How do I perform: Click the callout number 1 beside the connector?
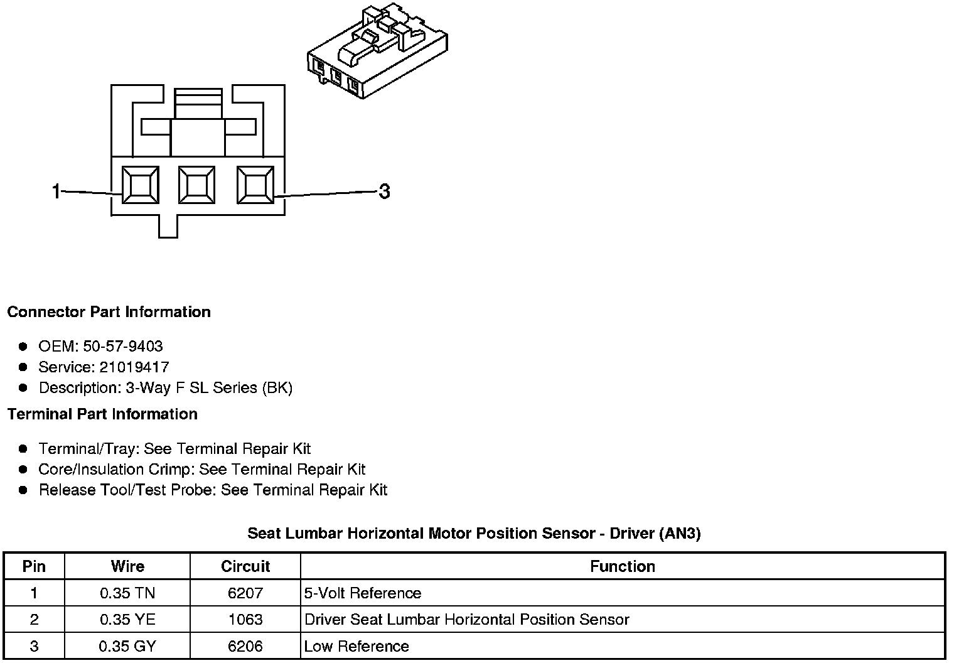56,191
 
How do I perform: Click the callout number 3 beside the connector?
384,191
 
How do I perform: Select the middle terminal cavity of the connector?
197,185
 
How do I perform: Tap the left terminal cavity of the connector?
140,185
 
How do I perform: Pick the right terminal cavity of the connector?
255,185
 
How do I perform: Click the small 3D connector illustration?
377,50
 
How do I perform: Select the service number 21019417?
134,367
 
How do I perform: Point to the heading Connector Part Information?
109,312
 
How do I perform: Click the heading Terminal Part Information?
102,414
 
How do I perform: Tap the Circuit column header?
245,566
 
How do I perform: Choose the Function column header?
622,566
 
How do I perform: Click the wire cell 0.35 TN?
127,593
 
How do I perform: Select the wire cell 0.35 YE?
127,620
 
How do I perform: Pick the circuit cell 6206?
245,646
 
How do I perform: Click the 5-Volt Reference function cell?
363,593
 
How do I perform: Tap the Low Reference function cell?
356,646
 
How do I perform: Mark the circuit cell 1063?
245,620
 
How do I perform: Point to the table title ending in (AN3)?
474,534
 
